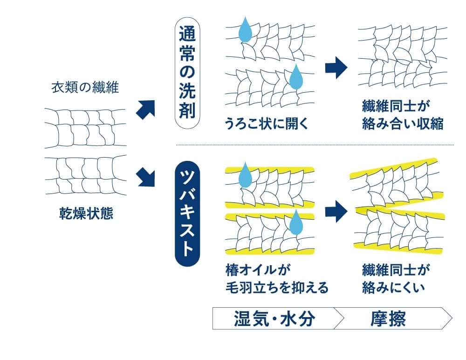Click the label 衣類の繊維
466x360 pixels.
point(85,88)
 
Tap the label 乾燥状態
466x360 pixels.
point(85,215)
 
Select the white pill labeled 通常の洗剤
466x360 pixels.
point(188,75)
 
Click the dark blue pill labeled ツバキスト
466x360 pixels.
point(187,213)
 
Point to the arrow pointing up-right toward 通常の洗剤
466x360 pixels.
point(145,109)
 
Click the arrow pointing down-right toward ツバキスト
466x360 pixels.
point(145,177)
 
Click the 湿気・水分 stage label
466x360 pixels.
point(274,319)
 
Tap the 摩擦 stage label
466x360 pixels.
point(388,319)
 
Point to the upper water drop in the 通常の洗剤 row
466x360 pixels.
point(245,30)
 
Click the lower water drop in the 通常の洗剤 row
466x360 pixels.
point(295,77)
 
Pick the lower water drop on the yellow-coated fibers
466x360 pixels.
point(295,222)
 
